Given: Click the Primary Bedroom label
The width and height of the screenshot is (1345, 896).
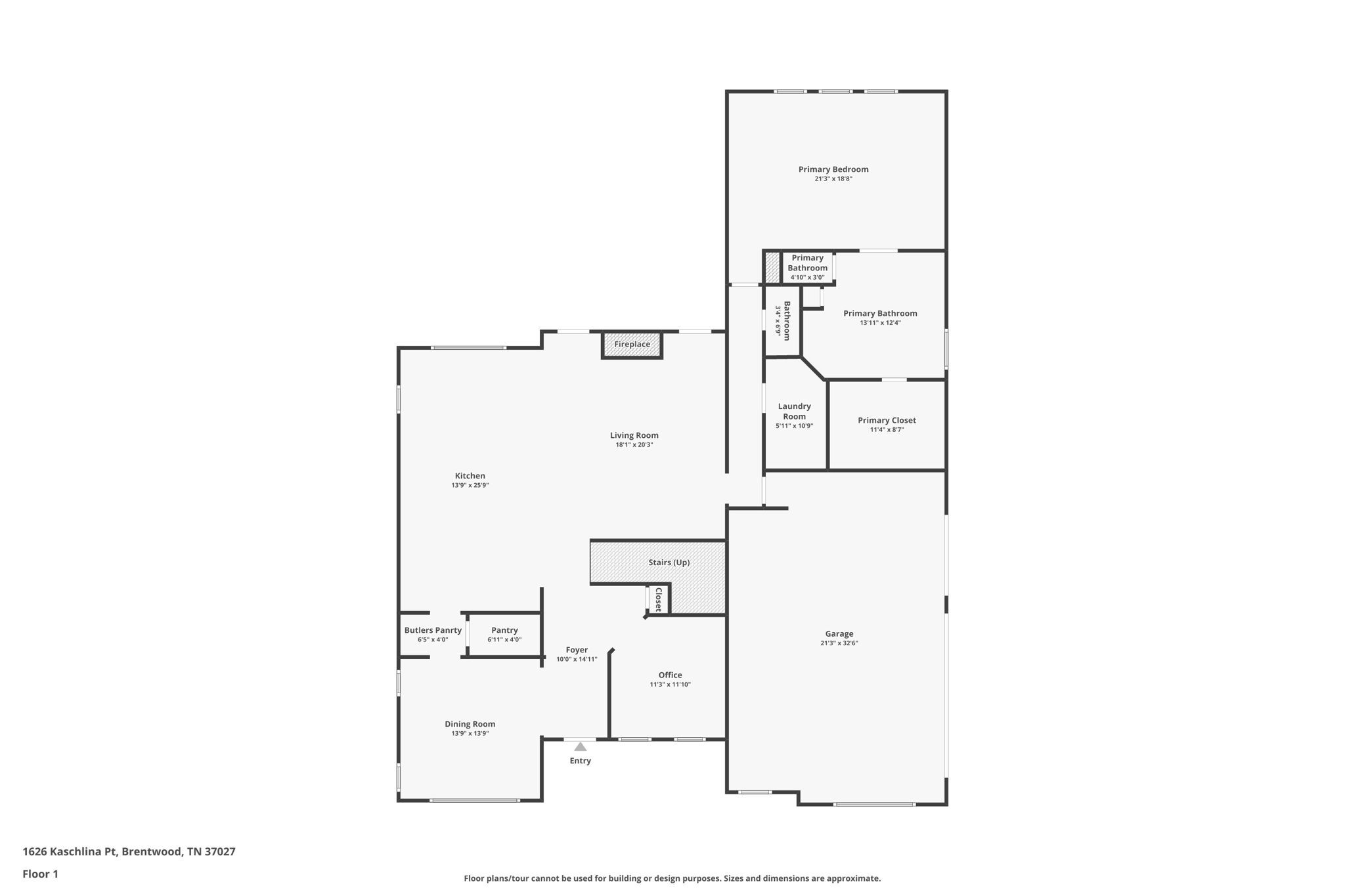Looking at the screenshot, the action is pyautogui.click(x=833, y=169).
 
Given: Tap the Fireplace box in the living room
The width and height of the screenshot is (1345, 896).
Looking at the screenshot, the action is pyautogui.click(x=632, y=345).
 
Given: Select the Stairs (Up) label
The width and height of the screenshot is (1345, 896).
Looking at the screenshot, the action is pyautogui.click(x=669, y=563).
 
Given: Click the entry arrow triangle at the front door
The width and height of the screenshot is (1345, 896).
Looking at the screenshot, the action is pyautogui.click(x=580, y=746).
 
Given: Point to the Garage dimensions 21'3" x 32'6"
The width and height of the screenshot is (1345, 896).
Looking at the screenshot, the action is pyautogui.click(x=839, y=643).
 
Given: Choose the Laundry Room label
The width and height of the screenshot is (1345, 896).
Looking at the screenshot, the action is pyautogui.click(x=794, y=411).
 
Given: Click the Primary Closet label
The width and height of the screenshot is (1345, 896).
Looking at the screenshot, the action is pyautogui.click(x=887, y=421).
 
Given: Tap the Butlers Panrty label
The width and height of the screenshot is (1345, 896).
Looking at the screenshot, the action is pyautogui.click(x=433, y=630).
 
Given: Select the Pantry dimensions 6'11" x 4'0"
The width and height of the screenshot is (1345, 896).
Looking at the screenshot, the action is pyautogui.click(x=504, y=639).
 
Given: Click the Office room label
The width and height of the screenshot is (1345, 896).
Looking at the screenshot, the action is pyautogui.click(x=670, y=675).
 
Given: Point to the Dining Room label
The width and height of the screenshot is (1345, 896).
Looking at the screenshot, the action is pyautogui.click(x=470, y=724).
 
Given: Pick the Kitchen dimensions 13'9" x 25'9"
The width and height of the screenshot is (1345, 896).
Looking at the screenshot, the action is pyautogui.click(x=470, y=486).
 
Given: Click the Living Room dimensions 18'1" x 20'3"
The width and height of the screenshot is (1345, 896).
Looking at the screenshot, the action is pyautogui.click(x=634, y=445).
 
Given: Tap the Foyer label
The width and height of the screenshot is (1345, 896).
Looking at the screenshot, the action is pyautogui.click(x=577, y=650).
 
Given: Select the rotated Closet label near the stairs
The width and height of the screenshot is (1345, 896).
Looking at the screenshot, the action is pyautogui.click(x=659, y=599).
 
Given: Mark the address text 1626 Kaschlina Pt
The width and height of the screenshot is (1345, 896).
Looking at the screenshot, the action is pyautogui.click(x=70, y=852).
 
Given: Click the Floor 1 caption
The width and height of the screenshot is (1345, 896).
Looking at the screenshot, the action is pyautogui.click(x=40, y=874).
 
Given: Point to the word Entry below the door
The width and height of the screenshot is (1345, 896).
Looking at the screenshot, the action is pyautogui.click(x=580, y=761).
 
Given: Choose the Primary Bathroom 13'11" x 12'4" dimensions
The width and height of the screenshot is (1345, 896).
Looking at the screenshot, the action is pyautogui.click(x=880, y=323).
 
